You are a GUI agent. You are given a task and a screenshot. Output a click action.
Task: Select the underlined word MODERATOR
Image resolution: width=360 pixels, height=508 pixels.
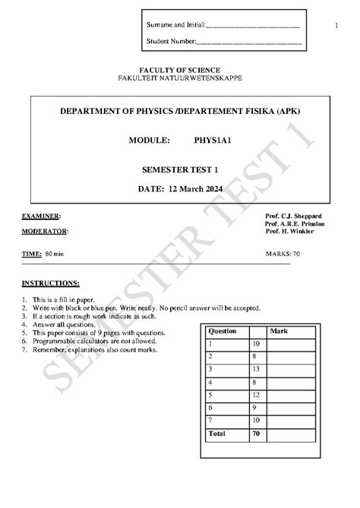click(44, 232)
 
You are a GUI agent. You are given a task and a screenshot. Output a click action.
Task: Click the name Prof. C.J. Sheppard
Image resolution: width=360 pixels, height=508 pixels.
click(293, 216)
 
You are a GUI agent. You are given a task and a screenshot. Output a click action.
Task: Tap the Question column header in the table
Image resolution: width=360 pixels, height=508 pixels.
click(223, 332)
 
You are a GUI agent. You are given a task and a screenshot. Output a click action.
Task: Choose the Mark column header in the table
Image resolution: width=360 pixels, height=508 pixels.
click(279, 332)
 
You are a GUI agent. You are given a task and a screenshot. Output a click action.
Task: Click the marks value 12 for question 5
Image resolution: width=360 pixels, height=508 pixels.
click(256, 395)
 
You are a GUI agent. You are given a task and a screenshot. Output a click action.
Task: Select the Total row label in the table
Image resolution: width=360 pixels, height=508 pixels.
click(217, 433)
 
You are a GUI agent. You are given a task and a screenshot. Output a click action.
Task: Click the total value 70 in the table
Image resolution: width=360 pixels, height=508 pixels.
click(256, 433)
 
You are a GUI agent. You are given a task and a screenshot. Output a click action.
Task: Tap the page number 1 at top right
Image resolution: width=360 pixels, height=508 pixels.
click(335, 27)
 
